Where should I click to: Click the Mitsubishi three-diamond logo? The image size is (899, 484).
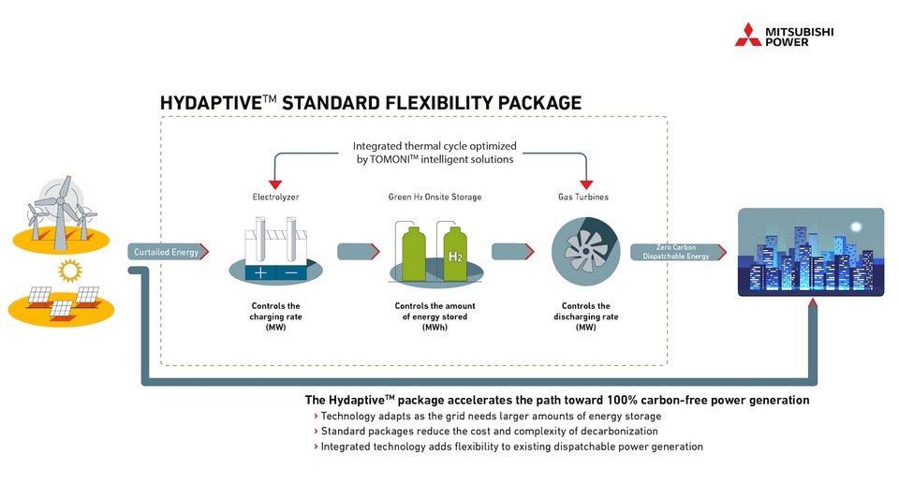coord(747,35)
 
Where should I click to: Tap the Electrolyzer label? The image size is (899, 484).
coord(274,198)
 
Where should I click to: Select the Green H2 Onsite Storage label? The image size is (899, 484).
coord(435,198)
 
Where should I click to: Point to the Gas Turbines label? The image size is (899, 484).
coord(586,198)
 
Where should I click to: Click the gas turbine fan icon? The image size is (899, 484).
coord(585,252)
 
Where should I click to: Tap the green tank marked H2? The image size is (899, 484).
coord(455,254)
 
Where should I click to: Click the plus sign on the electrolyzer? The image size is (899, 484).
coord(258,272)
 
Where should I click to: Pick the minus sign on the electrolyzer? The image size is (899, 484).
coord(290,272)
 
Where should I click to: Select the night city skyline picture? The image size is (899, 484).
coord(811,252)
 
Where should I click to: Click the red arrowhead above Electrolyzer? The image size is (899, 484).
coord(274,183)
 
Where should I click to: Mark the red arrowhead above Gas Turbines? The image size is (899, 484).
coord(586,183)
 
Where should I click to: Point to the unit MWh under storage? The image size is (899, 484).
coord(435,328)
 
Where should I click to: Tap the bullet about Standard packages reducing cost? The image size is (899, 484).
coord(489,432)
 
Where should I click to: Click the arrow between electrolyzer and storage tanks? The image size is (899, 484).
coord(358,251)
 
